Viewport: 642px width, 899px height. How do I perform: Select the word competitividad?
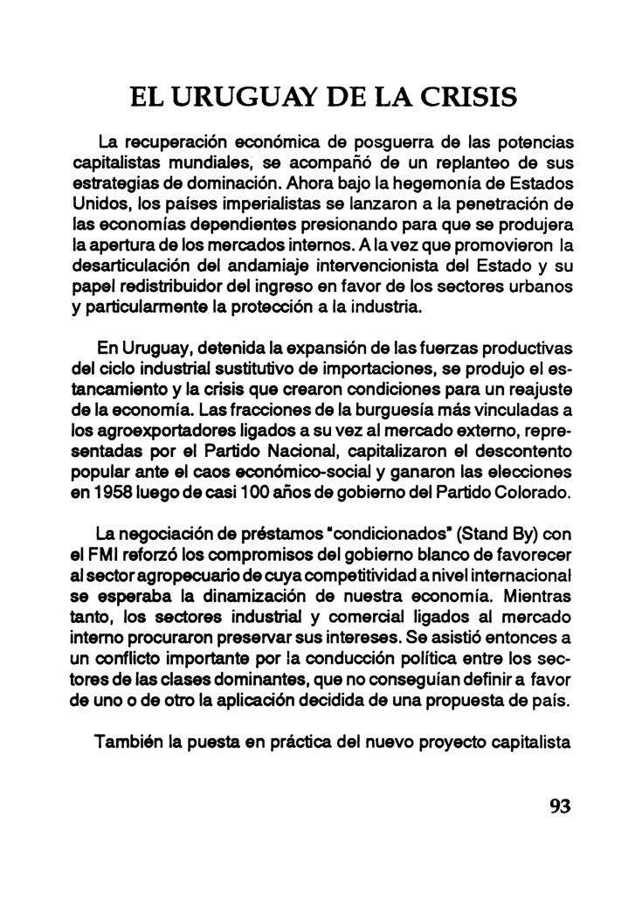tap(399, 576)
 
